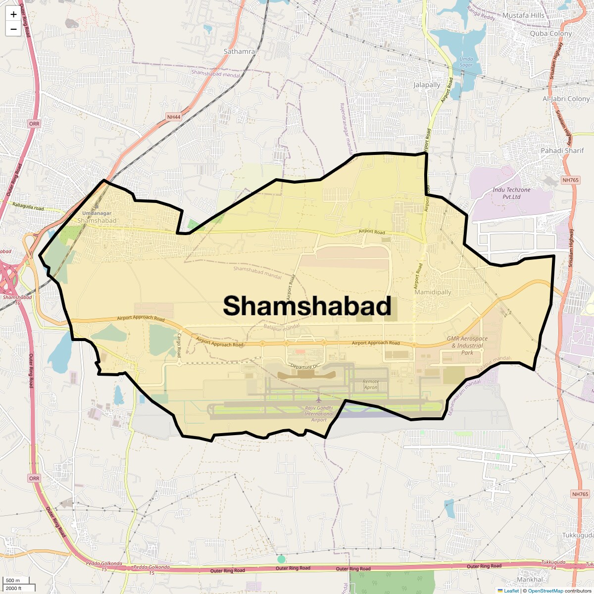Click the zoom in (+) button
tap(13, 15)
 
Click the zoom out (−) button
tap(13, 29)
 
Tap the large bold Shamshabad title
tap(307, 306)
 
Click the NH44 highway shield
tap(173, 117)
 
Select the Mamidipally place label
tap(433, 292)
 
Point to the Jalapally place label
tap(427, 85)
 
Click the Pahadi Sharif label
tap(562, 150)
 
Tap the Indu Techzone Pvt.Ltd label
tap(511, 193)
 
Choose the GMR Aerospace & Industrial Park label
tap(467, 346)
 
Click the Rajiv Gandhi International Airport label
tap(319, 414)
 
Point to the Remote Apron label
tap(371, 384)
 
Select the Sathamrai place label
tap(240, 51)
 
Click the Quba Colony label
tap(550, 34)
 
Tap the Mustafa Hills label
tap(523, 15)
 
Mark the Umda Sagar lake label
tap(466, 62)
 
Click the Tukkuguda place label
tap(577, 536)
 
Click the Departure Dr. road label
tap(305, 366)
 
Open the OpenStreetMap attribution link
tap(545, 591)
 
